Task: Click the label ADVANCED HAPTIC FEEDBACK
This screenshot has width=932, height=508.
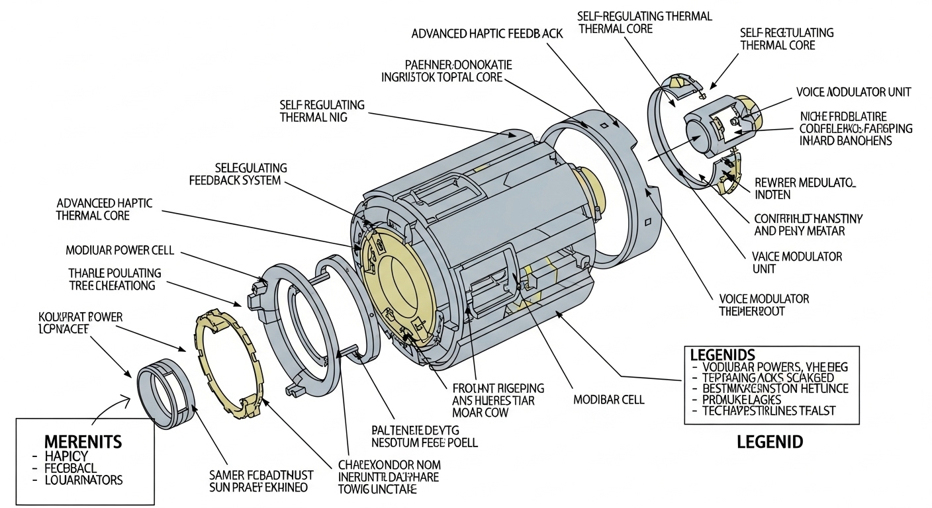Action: tap(487, 33)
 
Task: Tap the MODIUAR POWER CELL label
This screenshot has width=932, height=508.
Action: tap(119, 251)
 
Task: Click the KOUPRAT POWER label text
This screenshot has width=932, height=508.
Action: tap(80, 317)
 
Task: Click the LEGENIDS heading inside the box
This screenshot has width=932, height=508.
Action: tap(722, 355)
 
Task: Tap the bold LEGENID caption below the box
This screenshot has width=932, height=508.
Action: tap(770, 442)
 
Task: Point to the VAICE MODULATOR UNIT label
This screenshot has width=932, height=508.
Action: tap(797, 263)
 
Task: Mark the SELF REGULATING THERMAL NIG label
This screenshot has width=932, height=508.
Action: tap(322, 111)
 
